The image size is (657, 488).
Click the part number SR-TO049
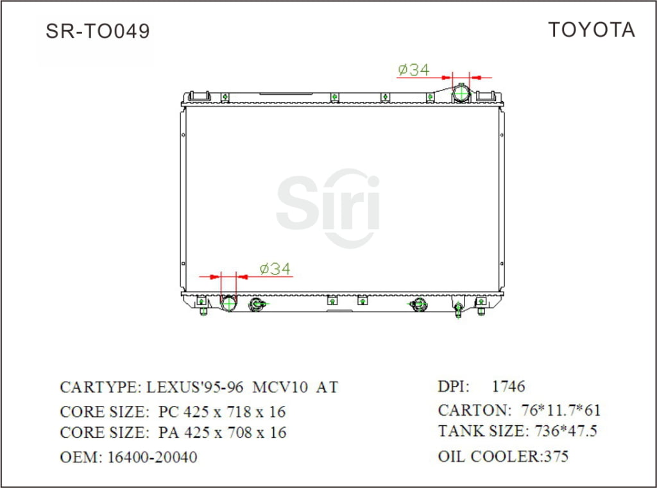(x=98, y=31)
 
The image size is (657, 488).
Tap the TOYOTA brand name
(x=591, y=29)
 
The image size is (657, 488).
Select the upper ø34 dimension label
(x=413, y=70)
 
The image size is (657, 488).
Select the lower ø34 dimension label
(x=275, y=269)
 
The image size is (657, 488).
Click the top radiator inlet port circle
(x=461, y=94)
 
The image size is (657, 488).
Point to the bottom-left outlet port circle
(x=229, y=303)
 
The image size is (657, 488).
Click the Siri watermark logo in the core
(x=328, y=207)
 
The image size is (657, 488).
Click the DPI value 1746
(x=508, y=387)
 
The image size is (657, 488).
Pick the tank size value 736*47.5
(x=565, y=432)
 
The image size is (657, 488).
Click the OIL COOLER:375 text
(x=503, y=457)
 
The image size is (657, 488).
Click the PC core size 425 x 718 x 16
(x=235, y=412)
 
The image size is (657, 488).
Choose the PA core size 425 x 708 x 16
(x=235, y=433)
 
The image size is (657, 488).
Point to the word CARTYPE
(x=98, y=387)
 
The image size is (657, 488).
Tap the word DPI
(x=454, y=387)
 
